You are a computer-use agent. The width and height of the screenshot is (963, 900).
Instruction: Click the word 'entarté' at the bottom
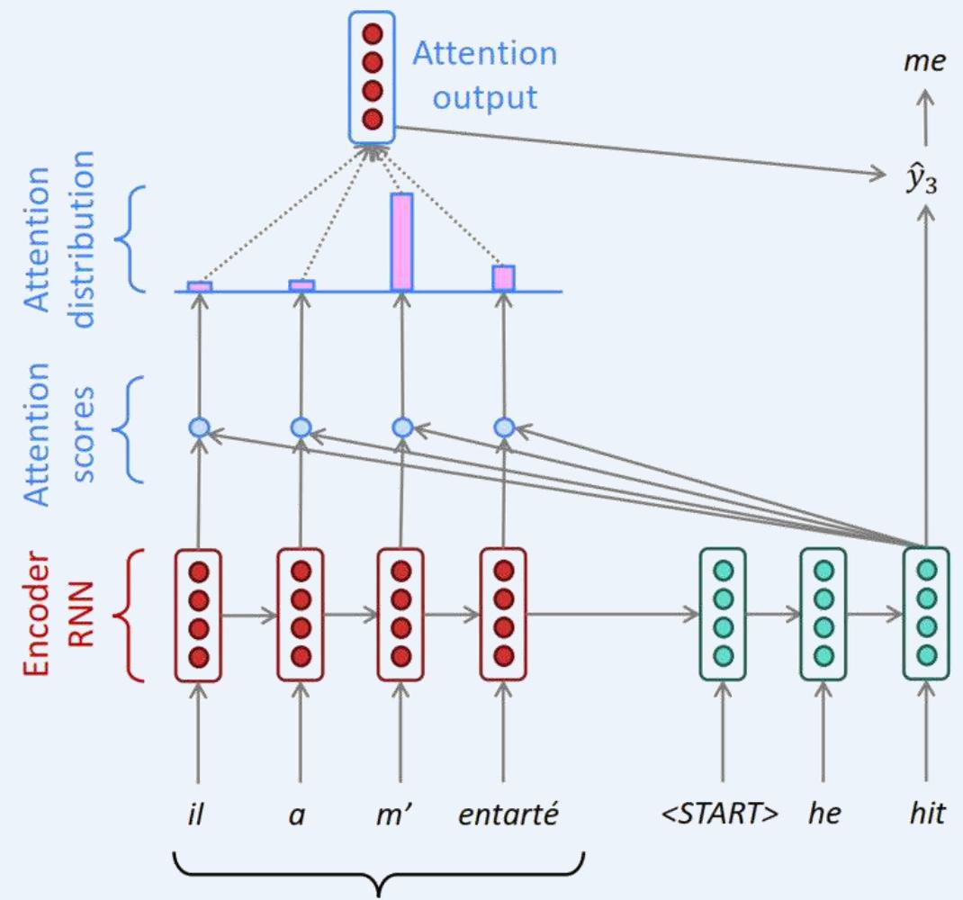508,815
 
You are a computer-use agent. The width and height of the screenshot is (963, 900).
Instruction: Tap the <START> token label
721,815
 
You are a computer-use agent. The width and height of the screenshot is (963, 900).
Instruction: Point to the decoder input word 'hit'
926,815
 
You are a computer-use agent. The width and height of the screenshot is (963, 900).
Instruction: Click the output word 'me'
926,61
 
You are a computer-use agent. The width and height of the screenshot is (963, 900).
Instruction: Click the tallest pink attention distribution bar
401,242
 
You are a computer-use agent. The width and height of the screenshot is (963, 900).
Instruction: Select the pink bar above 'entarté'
503,278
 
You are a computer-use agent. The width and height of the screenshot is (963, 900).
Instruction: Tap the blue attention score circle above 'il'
199,427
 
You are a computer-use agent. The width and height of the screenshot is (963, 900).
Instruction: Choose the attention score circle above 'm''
402,427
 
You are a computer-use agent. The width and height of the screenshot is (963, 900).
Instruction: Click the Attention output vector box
372,76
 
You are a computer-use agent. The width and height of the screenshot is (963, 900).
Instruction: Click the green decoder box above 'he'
823,614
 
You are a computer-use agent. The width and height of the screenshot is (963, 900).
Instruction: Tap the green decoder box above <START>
722,614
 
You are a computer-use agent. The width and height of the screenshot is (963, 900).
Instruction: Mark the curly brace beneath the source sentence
380,871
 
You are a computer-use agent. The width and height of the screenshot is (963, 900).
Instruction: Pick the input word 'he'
824,815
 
